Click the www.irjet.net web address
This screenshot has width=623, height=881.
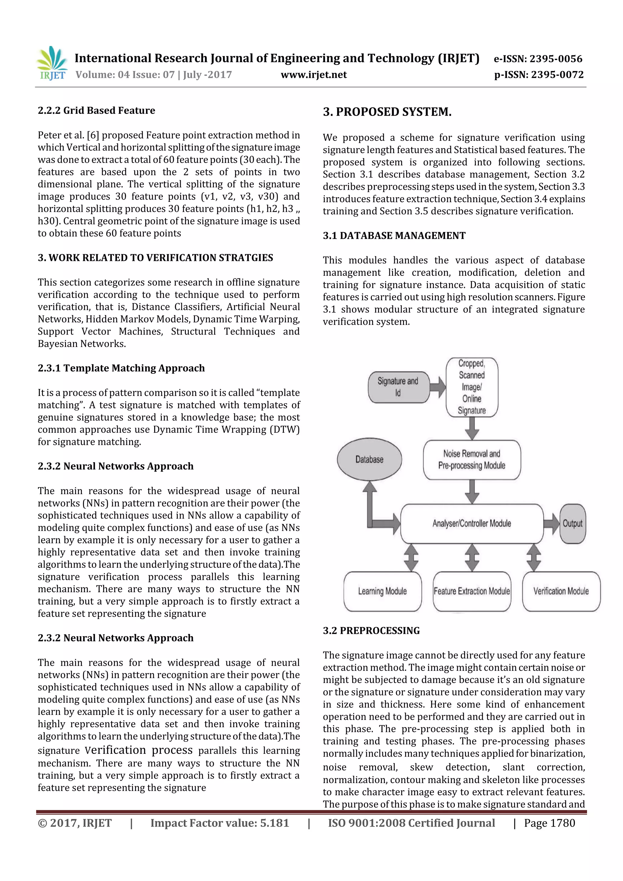pyautogui.click(x=314, y=75)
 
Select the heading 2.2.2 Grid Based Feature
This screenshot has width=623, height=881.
pyautogui.click(x=96, y=110)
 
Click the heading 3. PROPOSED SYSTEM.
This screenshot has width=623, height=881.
pyautogui.click(x=387, y=112)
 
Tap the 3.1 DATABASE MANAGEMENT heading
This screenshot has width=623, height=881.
pyautogui.click(x=394, y=236)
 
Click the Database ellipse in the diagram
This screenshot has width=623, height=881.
pyautogui.click(x=369, y=459)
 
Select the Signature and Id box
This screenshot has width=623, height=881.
pyautogui.click(x=398, y=387)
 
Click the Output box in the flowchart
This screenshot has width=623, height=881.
pyautogui.click(x=572, y=523)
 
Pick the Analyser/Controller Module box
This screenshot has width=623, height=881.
pyautogui.click(x=472, y=523)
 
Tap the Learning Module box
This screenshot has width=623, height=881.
pyautogui.click(x=382, y=591)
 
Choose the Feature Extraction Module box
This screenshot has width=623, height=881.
pyautogui.click(x=472, y=591)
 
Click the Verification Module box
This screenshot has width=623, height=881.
pyautogui.click(x=561, y=591)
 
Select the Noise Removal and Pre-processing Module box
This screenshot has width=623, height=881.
pyautogui.click(x=472, y=460)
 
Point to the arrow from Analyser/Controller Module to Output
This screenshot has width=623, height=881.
pyautogui.click(x=552, y=523)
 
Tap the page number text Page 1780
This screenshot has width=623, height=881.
pyautogui.click(x=549, y=823)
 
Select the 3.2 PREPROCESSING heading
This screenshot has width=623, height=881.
pyautogui.click(x=371, y=630)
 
